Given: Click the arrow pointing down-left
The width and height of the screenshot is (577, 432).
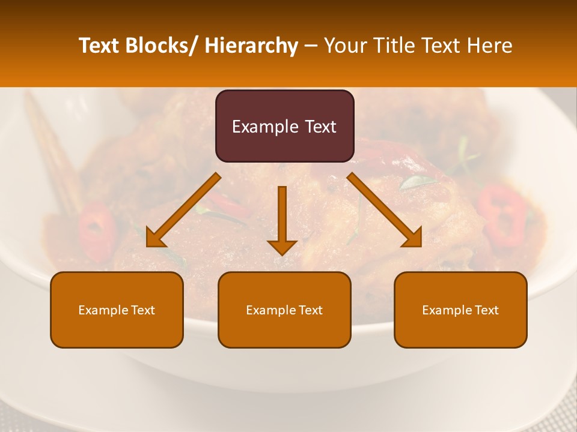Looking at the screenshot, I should pyautogui.click(x=183, y=210).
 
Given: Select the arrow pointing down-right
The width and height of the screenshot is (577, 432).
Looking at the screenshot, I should pyautogui.click(x=385, y=210).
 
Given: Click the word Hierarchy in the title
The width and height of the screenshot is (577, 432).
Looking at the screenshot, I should pyautogui.click(x=251, y=46).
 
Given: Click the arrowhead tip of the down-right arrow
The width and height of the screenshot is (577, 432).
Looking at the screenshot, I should pyautogui.click(x=421, y=245).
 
